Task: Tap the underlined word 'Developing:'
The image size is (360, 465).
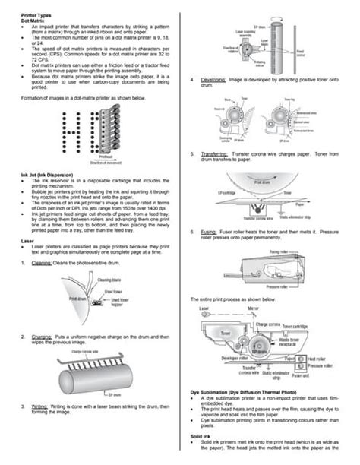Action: [214, 80]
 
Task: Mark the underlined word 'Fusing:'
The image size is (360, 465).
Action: [209, 230]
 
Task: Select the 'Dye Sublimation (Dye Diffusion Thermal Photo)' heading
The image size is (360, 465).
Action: [242, 391]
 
